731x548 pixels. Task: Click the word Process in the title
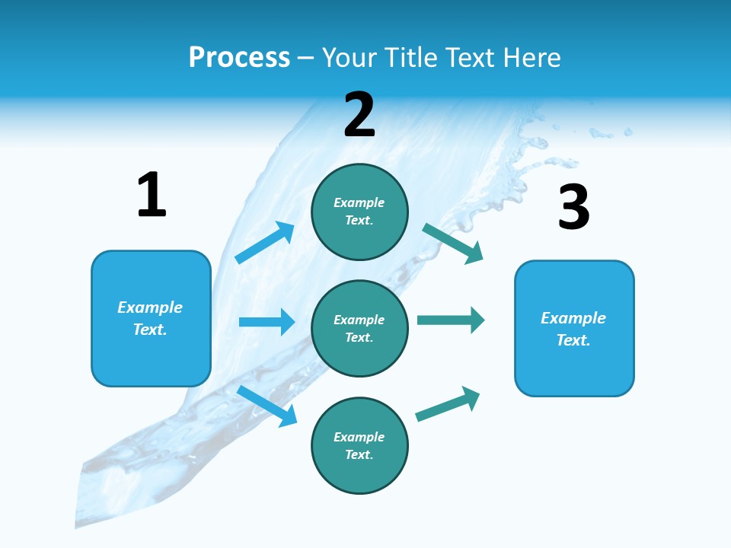pos(239,58)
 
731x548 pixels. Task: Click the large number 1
pos(152,196)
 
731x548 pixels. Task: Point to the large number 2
pos(359,115)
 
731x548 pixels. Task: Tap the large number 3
pos(573,208)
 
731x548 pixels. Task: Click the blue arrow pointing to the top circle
pos(264,243)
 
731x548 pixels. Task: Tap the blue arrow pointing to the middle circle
pos(267,322)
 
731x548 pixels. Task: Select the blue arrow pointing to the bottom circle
pos(267,406)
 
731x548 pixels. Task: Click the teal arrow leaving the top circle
pos(453,244)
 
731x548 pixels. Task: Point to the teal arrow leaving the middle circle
pos(451,320)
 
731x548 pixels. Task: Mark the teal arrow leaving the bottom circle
pos(448,404)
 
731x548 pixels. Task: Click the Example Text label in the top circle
pos(359,212)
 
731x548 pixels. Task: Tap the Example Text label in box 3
pos(573,329)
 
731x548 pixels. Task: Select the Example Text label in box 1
pos(150,318)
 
